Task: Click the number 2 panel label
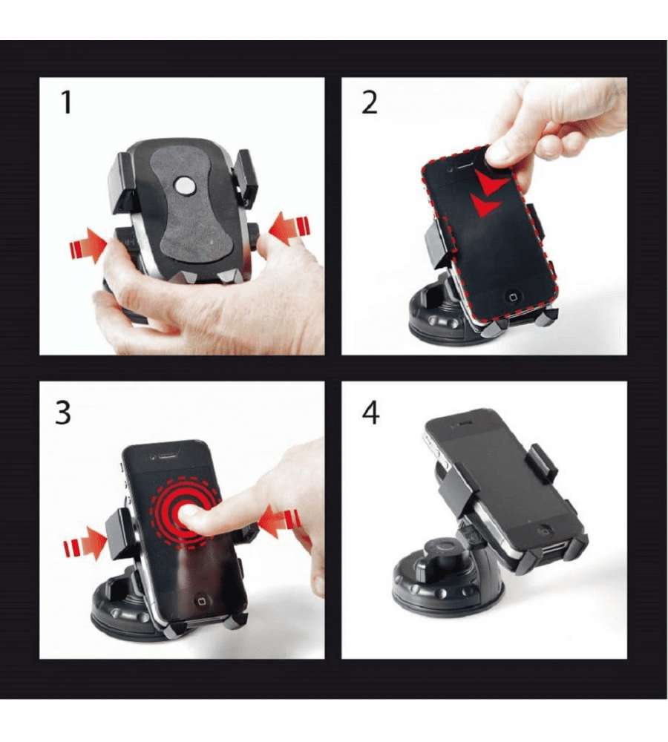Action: coord(370,102)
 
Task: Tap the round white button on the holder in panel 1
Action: coord(185,185)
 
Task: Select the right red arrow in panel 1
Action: coord(289,229)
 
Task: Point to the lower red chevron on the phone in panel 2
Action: coord(485,205)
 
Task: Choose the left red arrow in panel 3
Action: coord(85,544)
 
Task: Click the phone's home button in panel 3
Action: coord(202,600)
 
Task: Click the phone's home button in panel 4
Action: coord(547,530)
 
